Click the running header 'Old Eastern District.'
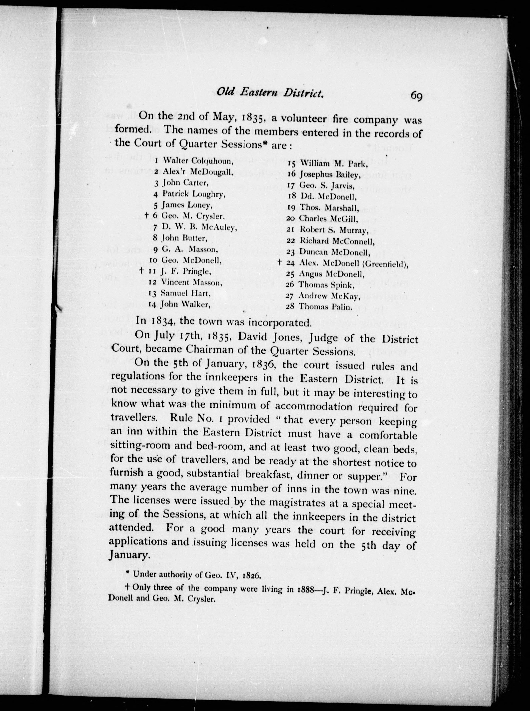269,93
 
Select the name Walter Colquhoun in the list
198,160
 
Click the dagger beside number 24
279,262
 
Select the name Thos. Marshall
329,208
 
